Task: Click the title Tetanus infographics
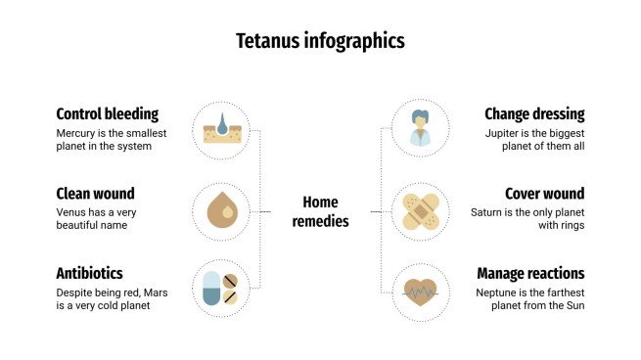click(x=320, y=41)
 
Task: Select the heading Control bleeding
click(x=107, y=113)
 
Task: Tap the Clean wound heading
click(x=95, y=193)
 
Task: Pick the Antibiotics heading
click(x=90, y=273)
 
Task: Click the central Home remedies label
click(x=320, y=211)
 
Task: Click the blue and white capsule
click(x=211, y=291)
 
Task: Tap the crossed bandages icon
click(x=421, y=210)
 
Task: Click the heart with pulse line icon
click(x=421, y=290)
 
